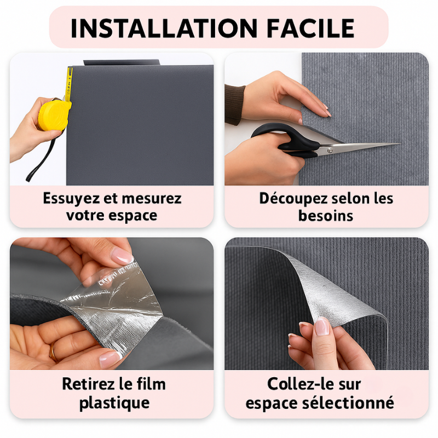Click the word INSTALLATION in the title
pos(164,27)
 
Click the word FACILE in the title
pos(310,27)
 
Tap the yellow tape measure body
pos(54,114)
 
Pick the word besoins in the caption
pos(326,215)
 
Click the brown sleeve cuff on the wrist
pos(234,104)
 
